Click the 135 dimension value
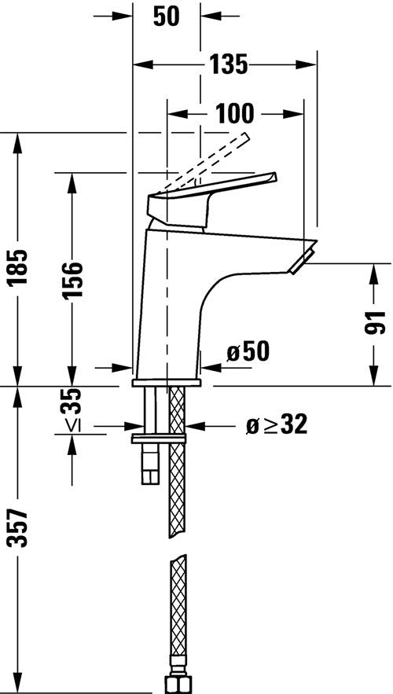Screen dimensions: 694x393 [x=228, y=64]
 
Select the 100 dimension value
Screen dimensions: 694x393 [x=235, y=114]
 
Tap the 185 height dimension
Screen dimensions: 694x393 [x=20, y=266]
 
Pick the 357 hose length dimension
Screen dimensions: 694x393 [x=20, y=534]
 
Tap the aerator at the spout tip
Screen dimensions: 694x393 [x=303, y=259]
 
